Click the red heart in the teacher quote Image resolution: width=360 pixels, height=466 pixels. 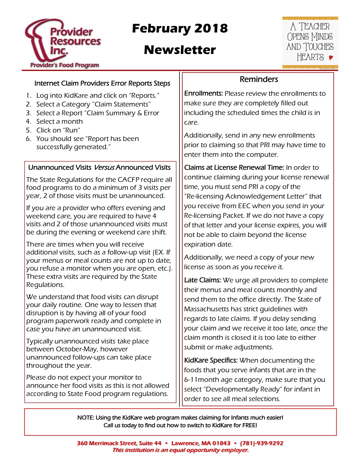tap(331, 58)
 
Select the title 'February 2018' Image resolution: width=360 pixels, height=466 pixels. tap(180, 28)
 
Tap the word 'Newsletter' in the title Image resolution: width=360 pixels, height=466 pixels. tap(180, 50)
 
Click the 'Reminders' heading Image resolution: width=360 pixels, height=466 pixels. tap(259, 79)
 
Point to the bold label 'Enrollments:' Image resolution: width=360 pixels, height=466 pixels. tap(204, 93)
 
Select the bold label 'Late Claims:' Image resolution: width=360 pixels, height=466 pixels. tap(202, 280)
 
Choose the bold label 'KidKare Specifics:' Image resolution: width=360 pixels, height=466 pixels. tap(211, 360)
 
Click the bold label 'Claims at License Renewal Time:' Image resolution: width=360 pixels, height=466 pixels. tap(234, 167)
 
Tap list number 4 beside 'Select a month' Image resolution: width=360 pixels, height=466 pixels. tap(28, 121)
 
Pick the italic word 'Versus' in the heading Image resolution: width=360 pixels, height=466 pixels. tap(104, 167)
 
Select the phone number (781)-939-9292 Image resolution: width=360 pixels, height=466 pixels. tap(261, 443)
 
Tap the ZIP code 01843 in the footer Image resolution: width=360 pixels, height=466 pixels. tap(221, 443)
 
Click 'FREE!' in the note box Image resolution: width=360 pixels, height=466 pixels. tap(250, 425)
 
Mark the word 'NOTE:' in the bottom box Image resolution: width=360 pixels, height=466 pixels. tap(86, 417)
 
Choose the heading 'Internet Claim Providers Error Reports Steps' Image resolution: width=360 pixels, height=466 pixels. tap(102, 83)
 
